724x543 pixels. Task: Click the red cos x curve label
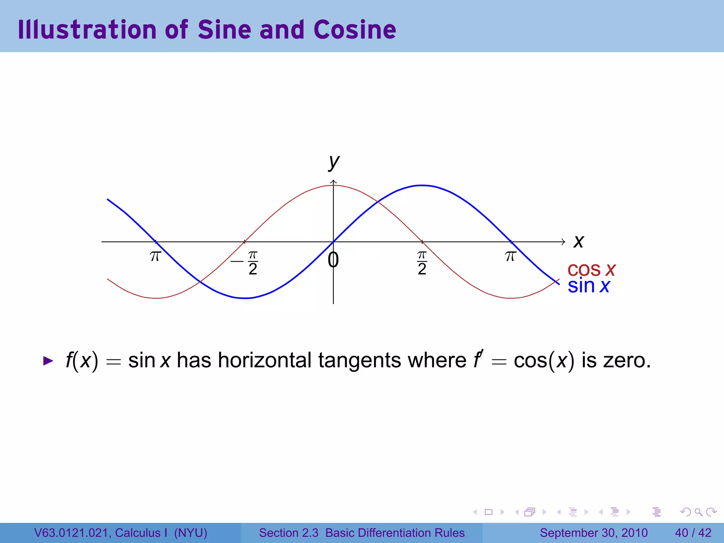(x=591, y=269)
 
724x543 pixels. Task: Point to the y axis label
(x=334, y=162)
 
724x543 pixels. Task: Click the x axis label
(x=579, y=242)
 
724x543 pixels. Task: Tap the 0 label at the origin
(x=333, y=260)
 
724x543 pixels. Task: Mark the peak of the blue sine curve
(x=422, y=185)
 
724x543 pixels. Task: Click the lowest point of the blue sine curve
(x=245, y=298)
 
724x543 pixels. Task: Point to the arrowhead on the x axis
(x=563, y=242)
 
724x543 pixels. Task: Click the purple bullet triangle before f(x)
(x=48, y=361)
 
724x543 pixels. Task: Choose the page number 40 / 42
(x=693, y=533)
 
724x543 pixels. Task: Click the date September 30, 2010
(x=594, y=533)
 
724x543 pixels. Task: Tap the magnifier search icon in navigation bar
(x=698, y=512)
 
